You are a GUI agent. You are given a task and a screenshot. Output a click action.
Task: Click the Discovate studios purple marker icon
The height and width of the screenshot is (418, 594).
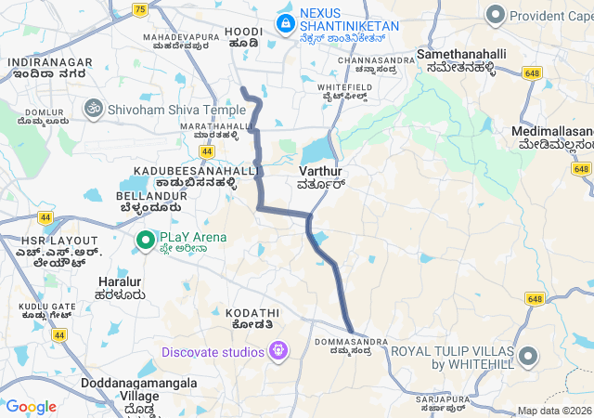(x=278, y=352)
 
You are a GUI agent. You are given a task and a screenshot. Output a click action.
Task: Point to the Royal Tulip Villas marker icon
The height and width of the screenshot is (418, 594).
(x=528, y=357)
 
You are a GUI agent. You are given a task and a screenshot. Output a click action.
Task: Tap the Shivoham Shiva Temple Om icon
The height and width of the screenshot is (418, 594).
(x=93, y=110)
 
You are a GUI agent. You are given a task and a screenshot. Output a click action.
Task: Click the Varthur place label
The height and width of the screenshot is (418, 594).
(x=321, y=172)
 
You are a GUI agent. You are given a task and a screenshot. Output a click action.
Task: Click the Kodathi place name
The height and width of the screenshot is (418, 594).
(x=253, y=314)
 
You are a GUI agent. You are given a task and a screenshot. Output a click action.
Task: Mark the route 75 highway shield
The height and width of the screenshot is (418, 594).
(x=139, y=9)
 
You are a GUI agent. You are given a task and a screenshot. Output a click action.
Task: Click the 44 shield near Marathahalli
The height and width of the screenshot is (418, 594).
(x=206, y=150)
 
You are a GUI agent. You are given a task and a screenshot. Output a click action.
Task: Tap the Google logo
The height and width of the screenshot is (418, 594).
(x=31, y=406)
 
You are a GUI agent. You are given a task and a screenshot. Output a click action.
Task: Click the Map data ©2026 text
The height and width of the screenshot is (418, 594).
(x=554, y=411)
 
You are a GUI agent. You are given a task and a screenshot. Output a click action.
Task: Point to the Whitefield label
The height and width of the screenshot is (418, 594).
(x=345, y=86)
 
